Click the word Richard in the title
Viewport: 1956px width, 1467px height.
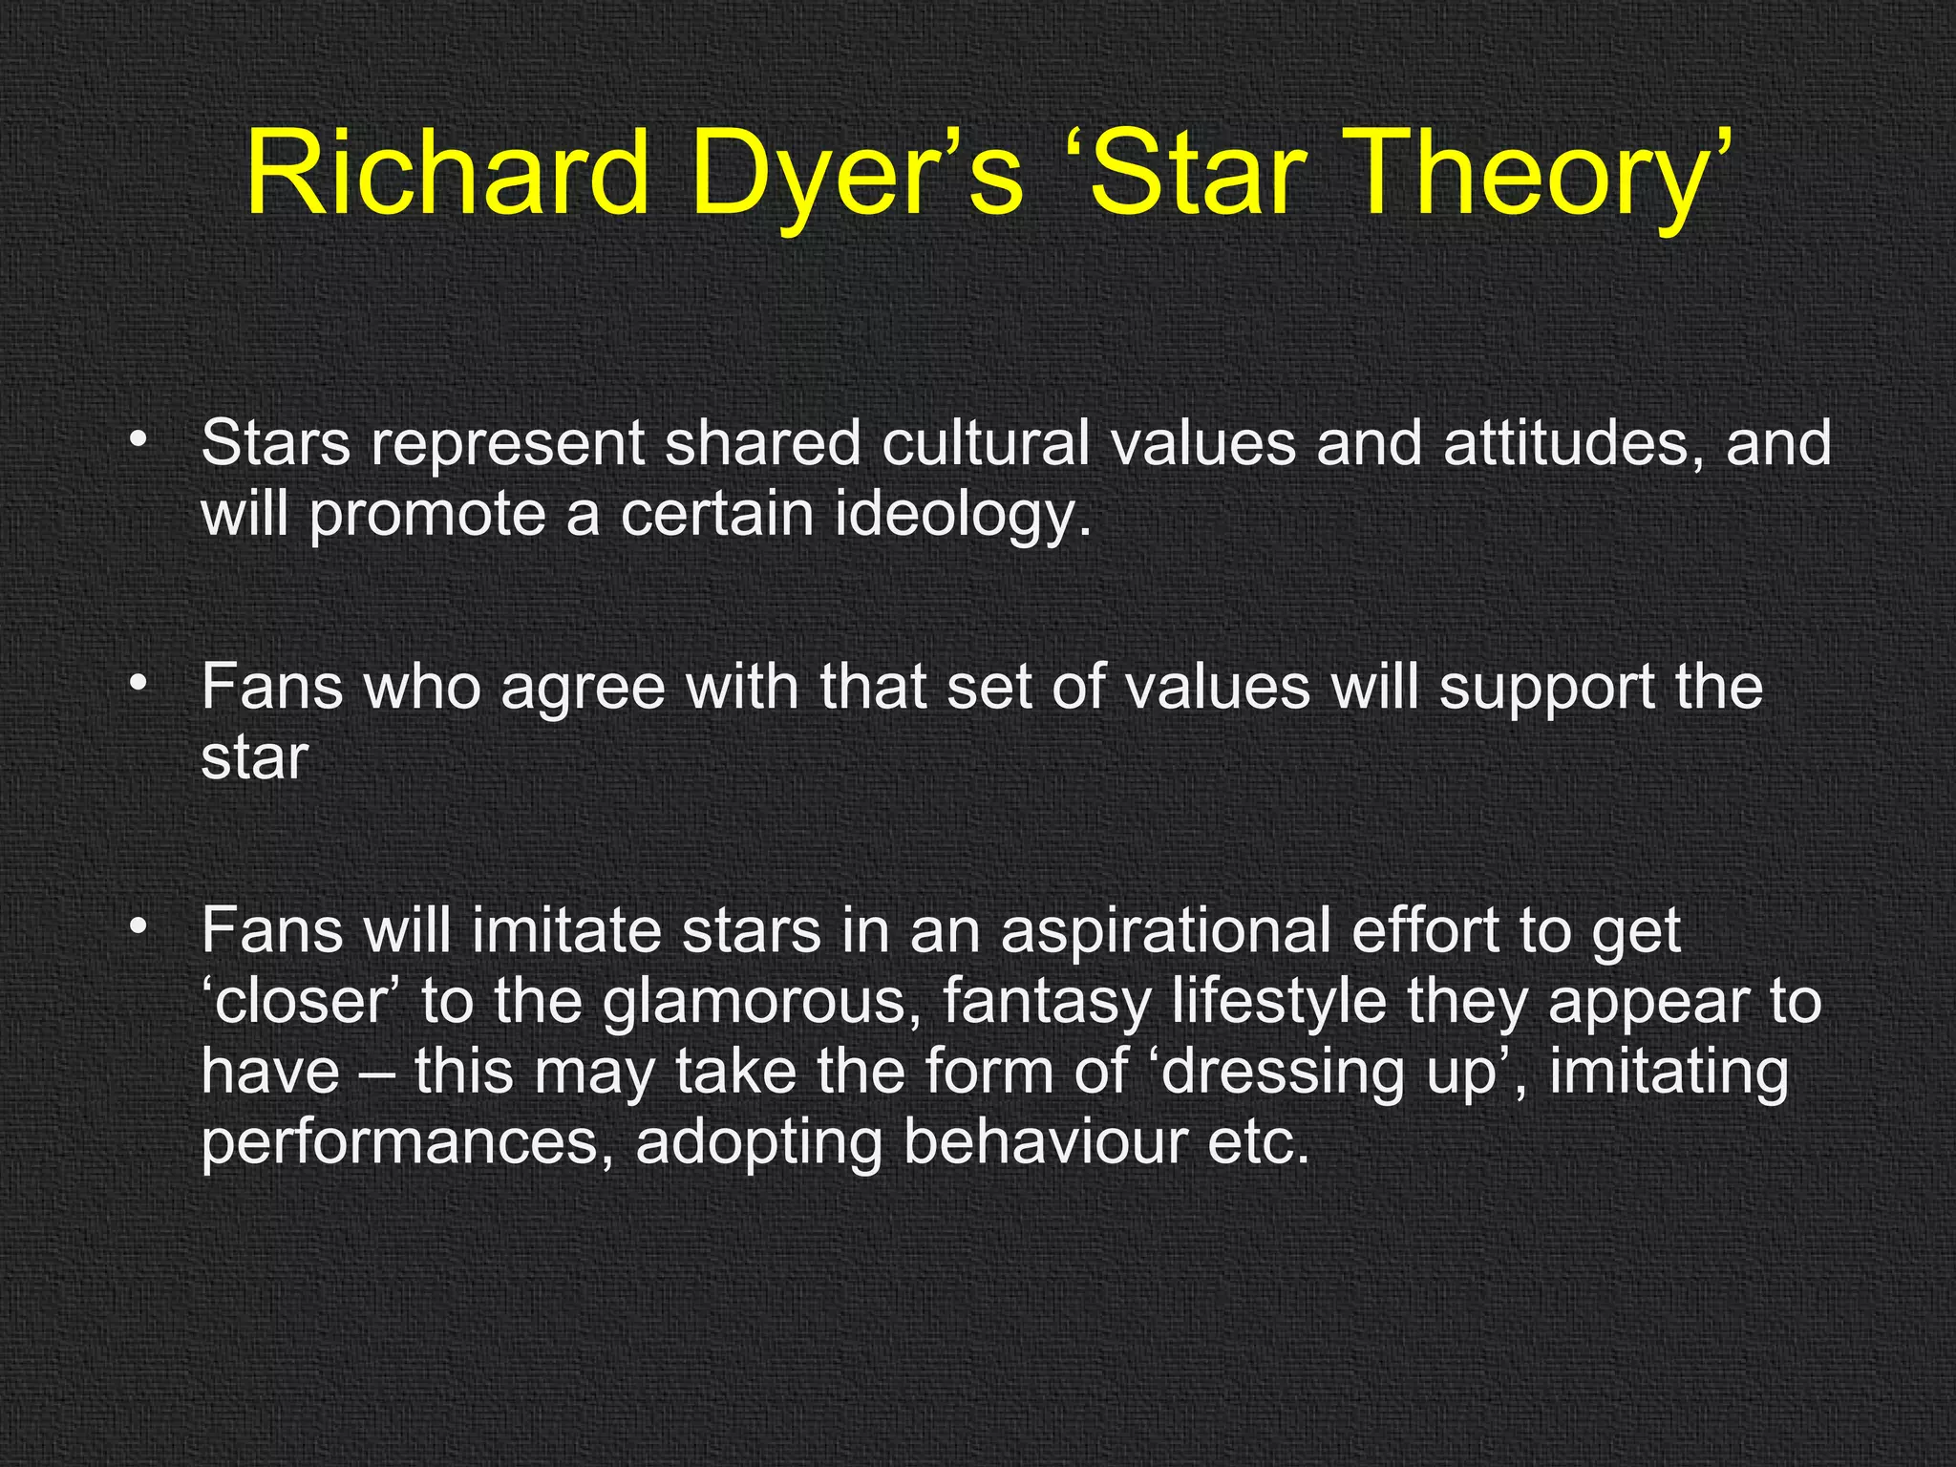pyautogui.click(x=446, y=174)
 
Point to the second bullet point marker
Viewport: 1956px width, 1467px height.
pyautogui.click(x=139, y=684)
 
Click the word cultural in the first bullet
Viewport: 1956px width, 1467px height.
pyautogui.click(x=985, y=444)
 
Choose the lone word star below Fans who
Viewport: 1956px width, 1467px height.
pyautogui.click(x=254, y=759)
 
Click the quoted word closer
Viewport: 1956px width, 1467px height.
pyautogui.click(x=306, y=1003)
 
